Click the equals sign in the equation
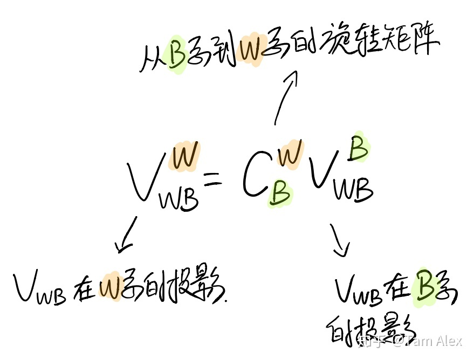[x=213, y=178]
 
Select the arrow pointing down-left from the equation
[x=127, y=236]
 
